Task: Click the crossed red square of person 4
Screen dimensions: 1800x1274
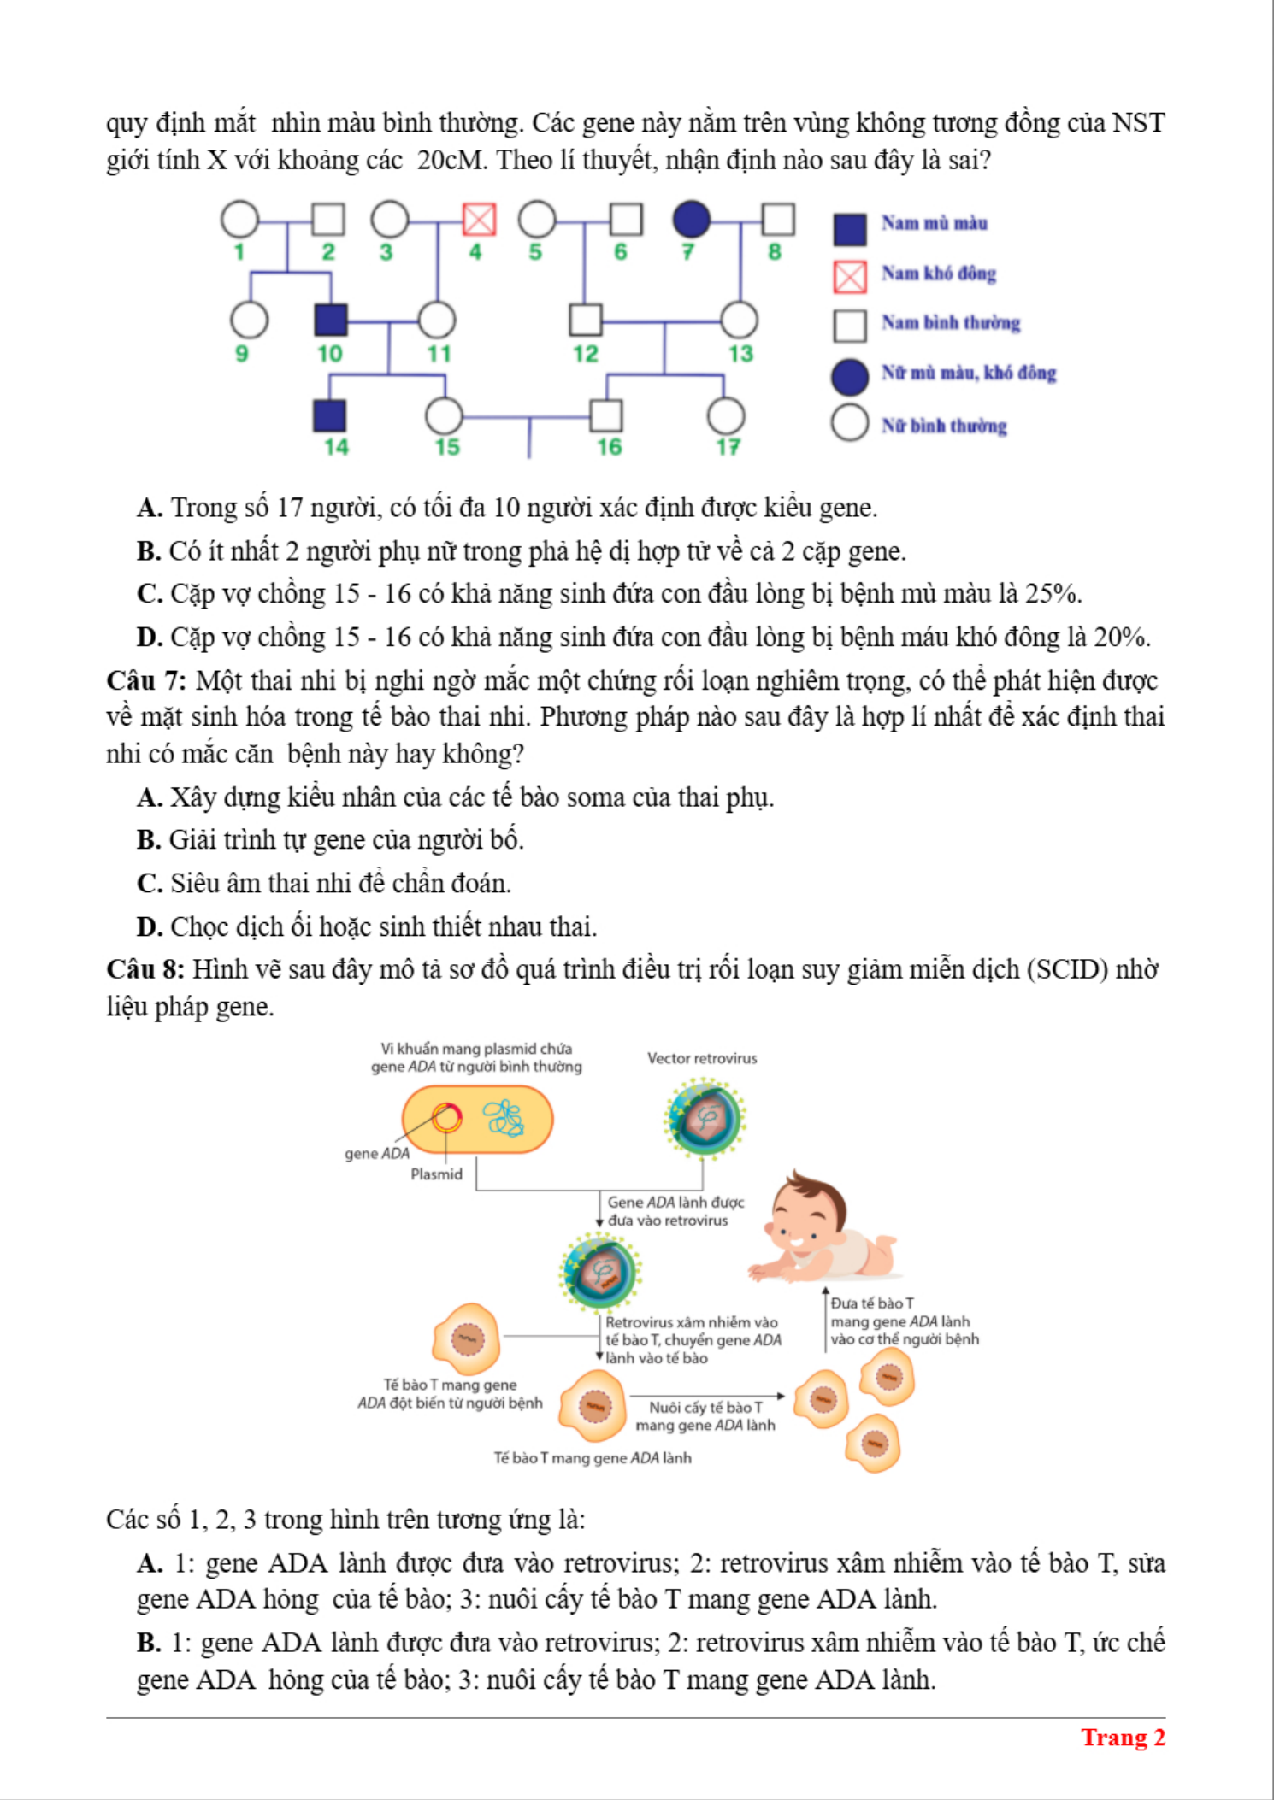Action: (x=479, y=220)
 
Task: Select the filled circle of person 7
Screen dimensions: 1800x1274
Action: (x=691, y=220)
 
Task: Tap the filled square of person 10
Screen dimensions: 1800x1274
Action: (x=331, y=320)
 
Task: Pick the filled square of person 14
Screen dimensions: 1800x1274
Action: (x=330, y=415)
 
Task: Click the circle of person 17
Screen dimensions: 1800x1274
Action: (x=726, y=416)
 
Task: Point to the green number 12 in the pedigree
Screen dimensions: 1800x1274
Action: (x=586, y=354)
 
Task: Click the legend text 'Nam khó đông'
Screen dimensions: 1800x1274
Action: (x=939, y=274)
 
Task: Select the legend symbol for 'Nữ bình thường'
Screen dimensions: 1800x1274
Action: (x=850, y=423)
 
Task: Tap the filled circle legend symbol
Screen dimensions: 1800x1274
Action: (x=850, y=376)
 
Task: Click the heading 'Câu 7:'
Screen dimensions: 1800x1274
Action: (x=146, y=681)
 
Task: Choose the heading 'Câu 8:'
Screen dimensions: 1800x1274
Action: (x=145, y=969)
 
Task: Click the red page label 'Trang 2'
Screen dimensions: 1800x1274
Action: (x=1123, y=1738)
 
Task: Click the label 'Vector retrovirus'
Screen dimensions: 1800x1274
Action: (x=702, y=1058)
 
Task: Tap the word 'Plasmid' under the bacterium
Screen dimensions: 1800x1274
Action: (x=436, y=1174)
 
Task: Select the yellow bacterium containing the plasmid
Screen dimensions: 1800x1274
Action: (x=478, y=1119)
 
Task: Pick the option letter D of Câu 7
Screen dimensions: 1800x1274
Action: (x=149, y=927)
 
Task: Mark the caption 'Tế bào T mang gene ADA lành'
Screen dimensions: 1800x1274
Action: (x=593, y=1458)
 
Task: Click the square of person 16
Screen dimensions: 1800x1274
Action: (x=606, y=416)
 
